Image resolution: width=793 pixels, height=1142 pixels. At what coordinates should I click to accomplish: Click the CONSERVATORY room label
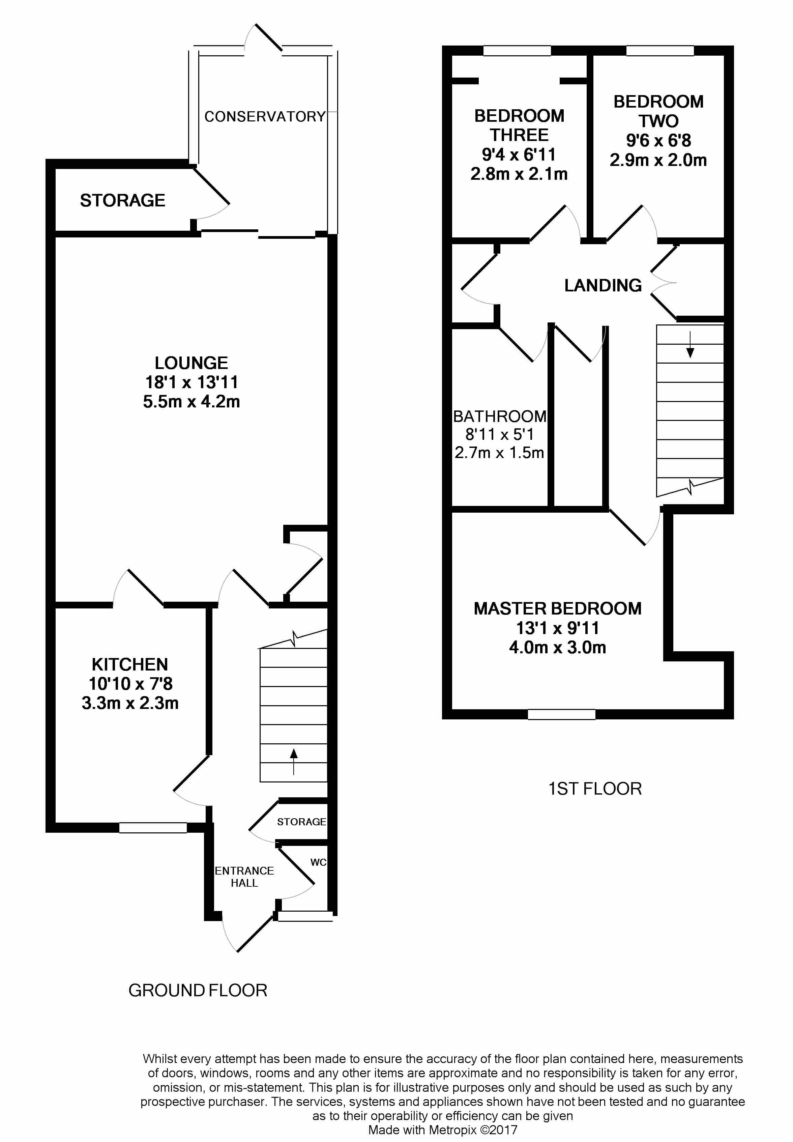265,116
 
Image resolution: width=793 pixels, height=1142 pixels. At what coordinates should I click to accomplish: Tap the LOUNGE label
191,363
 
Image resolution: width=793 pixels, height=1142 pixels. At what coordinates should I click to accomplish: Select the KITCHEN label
130,664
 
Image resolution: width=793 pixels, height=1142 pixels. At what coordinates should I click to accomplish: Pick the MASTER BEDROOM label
557,609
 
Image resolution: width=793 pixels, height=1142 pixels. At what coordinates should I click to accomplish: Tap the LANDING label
603,285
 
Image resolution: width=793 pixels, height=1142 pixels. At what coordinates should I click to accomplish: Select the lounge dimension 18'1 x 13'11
191,382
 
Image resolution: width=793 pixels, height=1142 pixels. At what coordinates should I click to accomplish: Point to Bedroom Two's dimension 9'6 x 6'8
658,141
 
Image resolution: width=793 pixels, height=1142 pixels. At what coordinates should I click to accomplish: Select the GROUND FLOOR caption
198,991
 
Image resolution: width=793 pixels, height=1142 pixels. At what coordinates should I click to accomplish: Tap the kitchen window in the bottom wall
153,827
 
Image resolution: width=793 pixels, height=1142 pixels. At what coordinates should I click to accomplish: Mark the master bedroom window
561,715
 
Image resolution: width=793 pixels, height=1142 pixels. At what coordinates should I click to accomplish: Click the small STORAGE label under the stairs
301,822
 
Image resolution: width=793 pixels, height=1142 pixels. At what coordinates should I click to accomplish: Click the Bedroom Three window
517,51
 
